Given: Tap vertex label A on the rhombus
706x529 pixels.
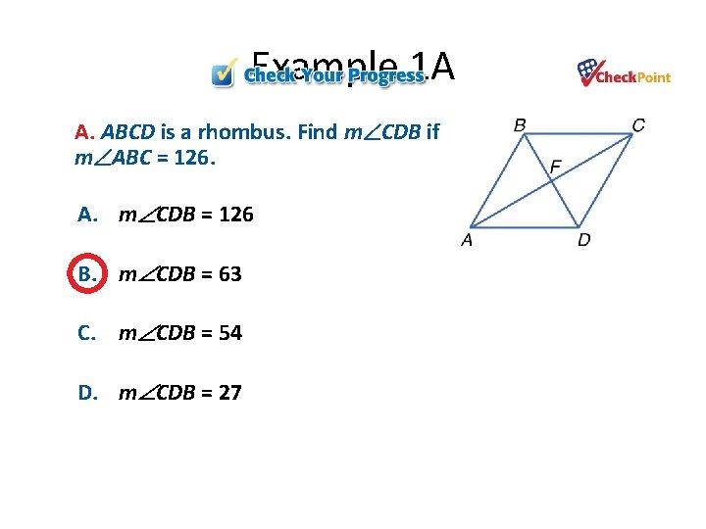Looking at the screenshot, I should tap(467, 240).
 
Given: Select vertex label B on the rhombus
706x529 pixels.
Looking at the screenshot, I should tap(520, 124).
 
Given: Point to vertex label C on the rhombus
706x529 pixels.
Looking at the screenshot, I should tap(638, 124).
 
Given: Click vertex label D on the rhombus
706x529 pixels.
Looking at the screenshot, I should tap(584, 240).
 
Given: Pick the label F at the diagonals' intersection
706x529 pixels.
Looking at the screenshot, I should tap(556, 168).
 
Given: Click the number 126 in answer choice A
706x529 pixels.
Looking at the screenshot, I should tap(235, 215).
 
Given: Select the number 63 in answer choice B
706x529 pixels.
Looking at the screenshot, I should tap(230, 274).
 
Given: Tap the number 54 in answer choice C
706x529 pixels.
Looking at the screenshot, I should tap(230, 333).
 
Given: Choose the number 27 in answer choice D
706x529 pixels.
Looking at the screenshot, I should tap(230, 393).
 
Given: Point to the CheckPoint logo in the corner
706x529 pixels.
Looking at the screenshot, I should tap(624, 73).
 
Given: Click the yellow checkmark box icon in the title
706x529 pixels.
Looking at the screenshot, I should tap(226, 73).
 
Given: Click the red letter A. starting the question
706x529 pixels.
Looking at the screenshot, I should tap(84, 132).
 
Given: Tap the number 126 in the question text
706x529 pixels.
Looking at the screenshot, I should tap(189, 158).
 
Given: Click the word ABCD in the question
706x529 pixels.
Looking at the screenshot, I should tap(123, 132).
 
